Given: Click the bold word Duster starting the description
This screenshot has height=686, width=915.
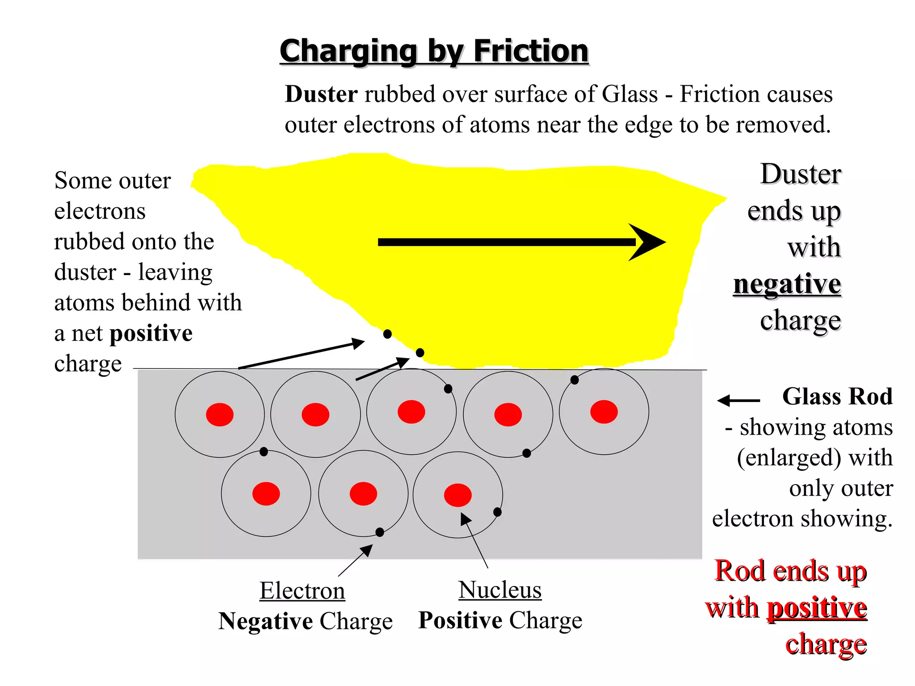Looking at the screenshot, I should pyautogui.click(x=321, y=94).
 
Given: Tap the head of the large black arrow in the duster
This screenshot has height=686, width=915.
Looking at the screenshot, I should pyautogui.click(x=648, y=242).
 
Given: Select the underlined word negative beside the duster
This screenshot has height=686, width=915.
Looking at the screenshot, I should pyautogui.click(x=787, y=284).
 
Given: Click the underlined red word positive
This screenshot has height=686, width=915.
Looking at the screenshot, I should pyautogui.click(x=817, y=608).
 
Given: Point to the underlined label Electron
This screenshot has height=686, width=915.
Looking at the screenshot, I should pyautogui.click(x=302, y=590).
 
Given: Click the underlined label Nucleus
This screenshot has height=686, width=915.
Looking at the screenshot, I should pyautogui.click(x=500, y=590).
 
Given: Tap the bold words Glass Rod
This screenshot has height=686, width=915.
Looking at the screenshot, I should pyautogui.click(x=837, y=396).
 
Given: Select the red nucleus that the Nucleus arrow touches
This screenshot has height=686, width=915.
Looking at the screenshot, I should pyautogui.click(x=457, y=495).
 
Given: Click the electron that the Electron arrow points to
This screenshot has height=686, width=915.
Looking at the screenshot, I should pyautogui.click(x=380, y=532).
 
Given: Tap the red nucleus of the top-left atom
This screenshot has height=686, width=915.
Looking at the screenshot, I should pyautogui.click(x=219, y=414).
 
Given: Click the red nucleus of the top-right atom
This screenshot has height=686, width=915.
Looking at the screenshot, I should pyautogui.click(x=604, y=411).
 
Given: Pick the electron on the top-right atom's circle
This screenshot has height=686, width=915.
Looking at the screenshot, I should pyautogui.click(x=575, y=380).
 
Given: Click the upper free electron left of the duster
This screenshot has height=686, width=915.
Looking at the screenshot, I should pyautogui.click(x=387, y=334).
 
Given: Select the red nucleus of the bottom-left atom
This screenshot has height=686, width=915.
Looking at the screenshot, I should pyautogui.click(x=266, y=494).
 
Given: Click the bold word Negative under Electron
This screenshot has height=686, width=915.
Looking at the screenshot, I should pyautogui.click(x=265, y=621).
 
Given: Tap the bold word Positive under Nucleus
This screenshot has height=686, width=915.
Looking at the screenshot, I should pyautogui.click(x=460, y=620).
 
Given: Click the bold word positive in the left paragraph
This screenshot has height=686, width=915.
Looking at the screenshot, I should pyautogui.click(x=151, y=333).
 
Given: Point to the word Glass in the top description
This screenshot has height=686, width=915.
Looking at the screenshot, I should pyautogui.click(x=630, y=94).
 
